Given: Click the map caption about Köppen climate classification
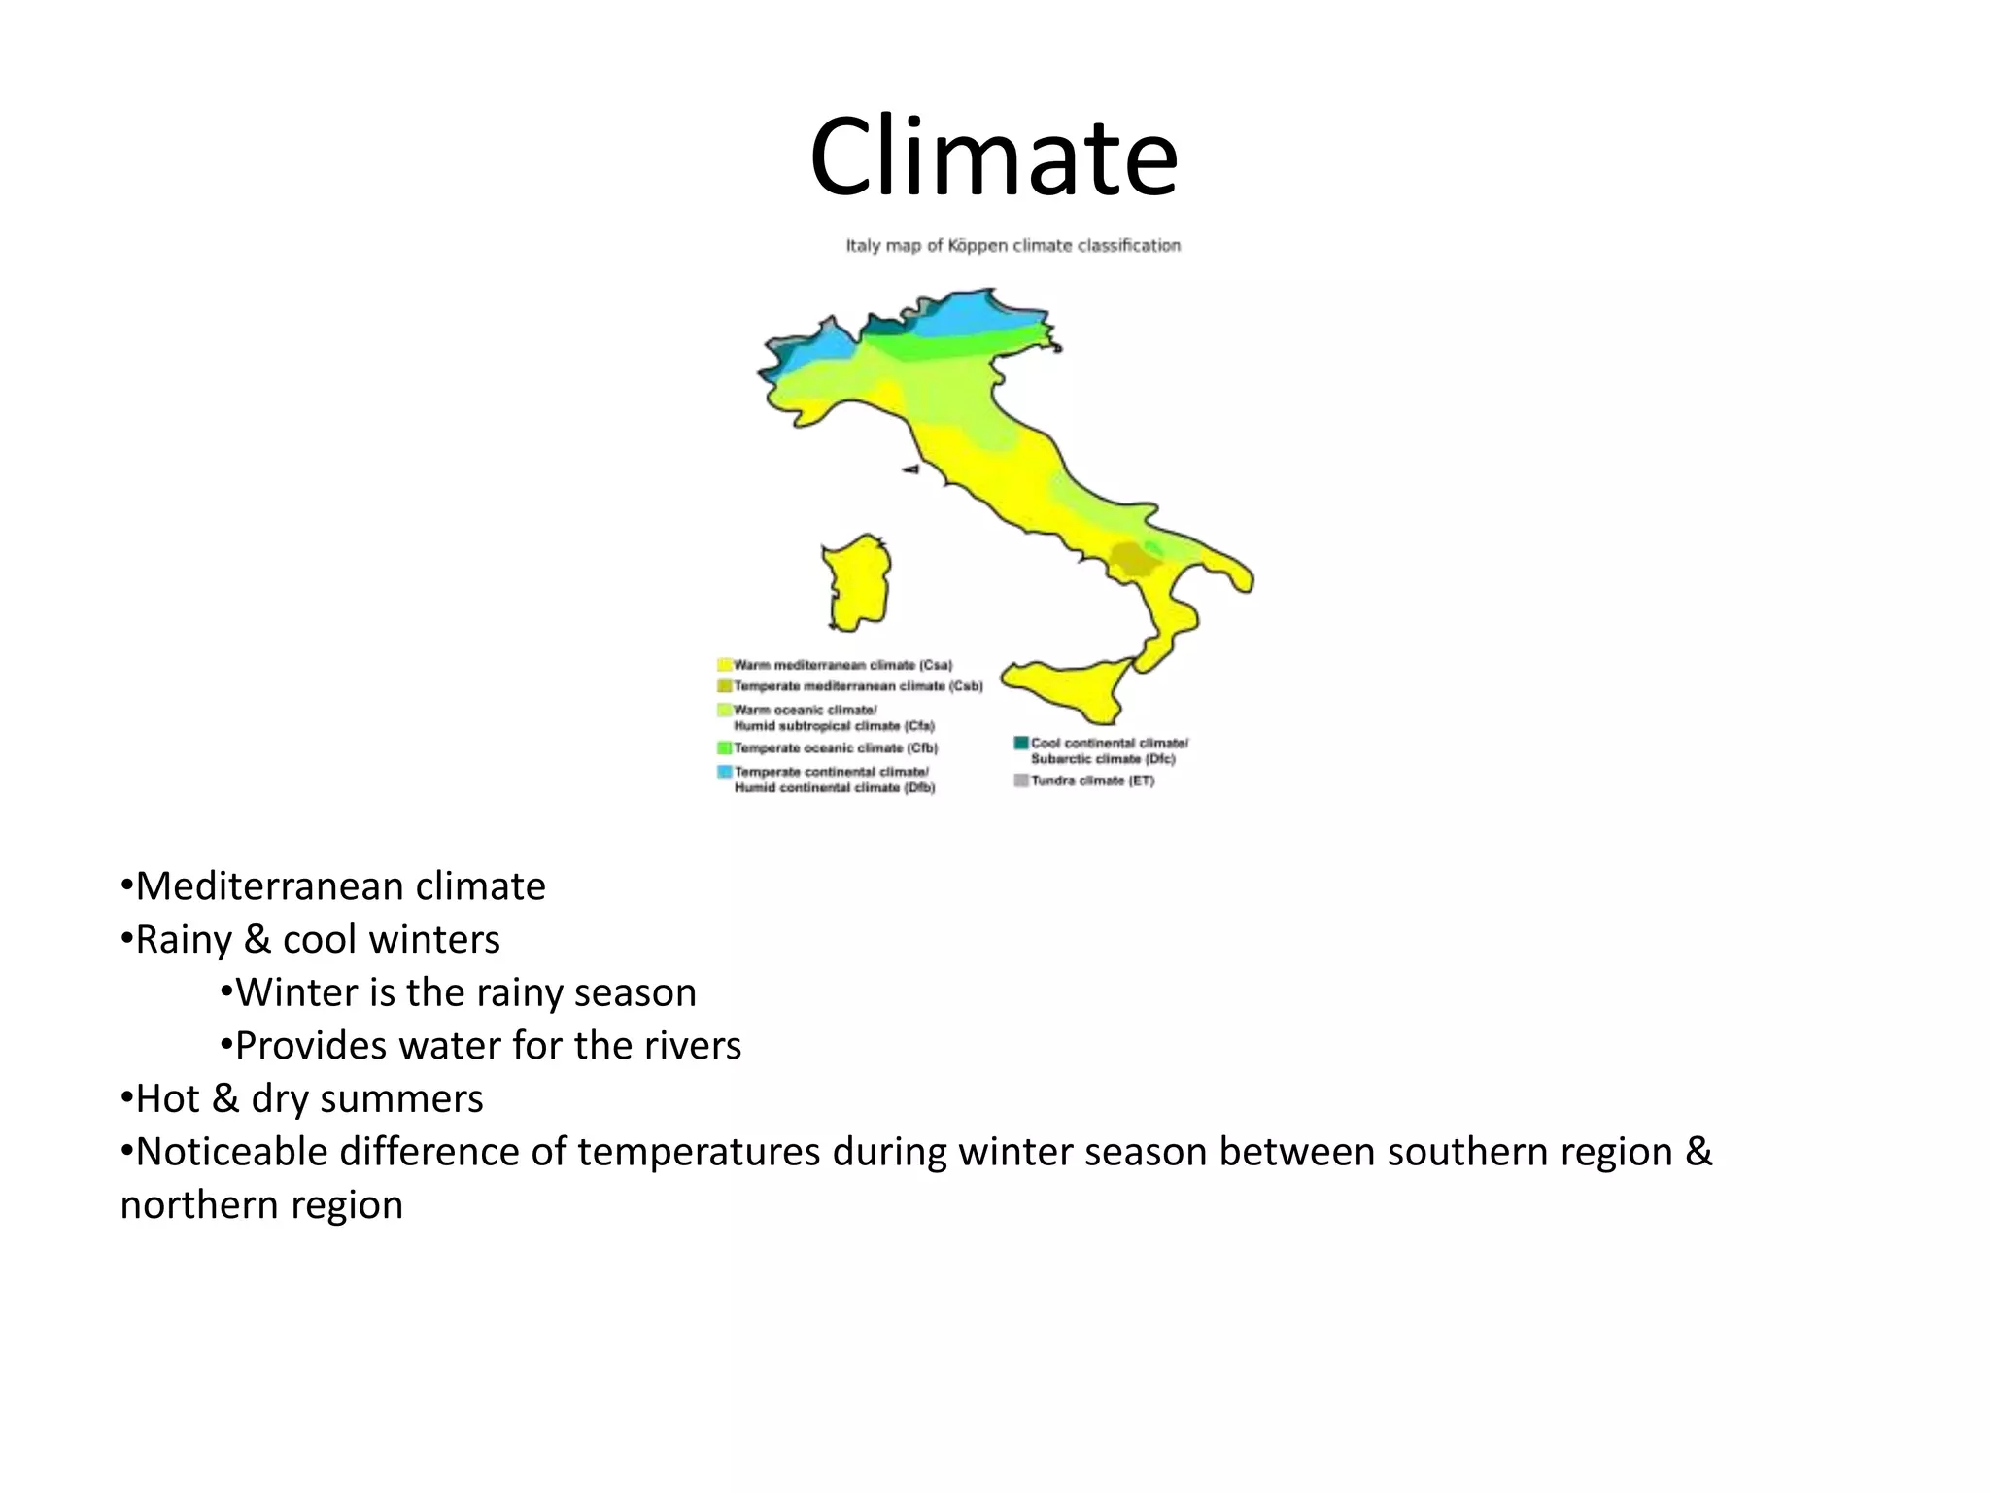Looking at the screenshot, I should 1012,246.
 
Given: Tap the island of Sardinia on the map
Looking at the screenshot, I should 857,583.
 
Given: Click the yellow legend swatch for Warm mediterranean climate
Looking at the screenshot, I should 724,665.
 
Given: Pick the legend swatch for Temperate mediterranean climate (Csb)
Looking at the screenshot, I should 724,686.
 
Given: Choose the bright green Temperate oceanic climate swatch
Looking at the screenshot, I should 724,748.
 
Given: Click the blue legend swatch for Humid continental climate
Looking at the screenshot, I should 724,772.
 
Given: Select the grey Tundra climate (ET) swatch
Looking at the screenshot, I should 1021,781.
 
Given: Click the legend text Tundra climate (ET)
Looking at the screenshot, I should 1093,781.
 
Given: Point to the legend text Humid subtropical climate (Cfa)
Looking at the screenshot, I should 834,726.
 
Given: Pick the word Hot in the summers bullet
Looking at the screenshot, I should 167,1098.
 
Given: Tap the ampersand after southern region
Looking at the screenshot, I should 1698,1152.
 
